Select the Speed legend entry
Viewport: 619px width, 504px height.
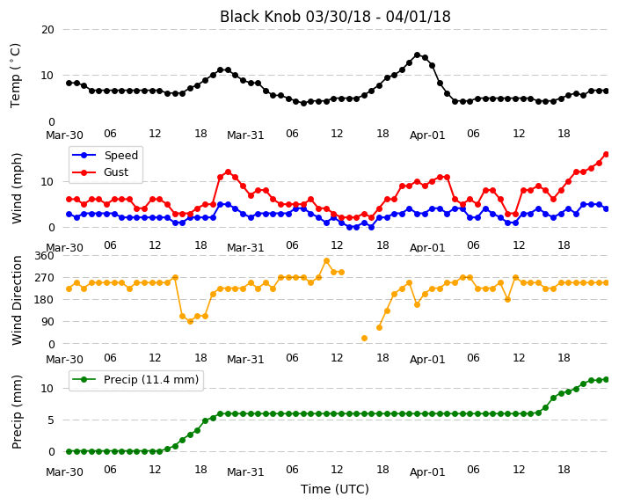[105, 155]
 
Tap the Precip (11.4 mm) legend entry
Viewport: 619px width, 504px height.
[135, 380]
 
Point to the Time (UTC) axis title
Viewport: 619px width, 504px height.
[335, 489]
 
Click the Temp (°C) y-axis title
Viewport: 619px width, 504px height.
[15, 76]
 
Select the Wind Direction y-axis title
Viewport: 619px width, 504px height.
[17, 300]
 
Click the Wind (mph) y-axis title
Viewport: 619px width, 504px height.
[17, 188]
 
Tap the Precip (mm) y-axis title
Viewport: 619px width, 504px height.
[17, 412]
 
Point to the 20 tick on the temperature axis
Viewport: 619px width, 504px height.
[47, 30]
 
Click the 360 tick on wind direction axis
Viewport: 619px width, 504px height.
[44, 256]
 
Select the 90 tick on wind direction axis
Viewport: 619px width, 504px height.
[47, 322]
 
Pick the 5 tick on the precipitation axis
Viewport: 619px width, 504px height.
[51, 420]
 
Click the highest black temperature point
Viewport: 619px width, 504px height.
[418, 55]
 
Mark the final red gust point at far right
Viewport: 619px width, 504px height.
[607, 155]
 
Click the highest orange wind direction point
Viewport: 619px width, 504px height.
[326, 260]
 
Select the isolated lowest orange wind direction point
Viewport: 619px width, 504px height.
[364, 338]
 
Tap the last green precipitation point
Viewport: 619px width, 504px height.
[607, 380]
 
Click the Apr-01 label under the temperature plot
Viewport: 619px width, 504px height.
[427, 135]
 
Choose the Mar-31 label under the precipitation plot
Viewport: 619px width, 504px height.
[245, 471]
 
